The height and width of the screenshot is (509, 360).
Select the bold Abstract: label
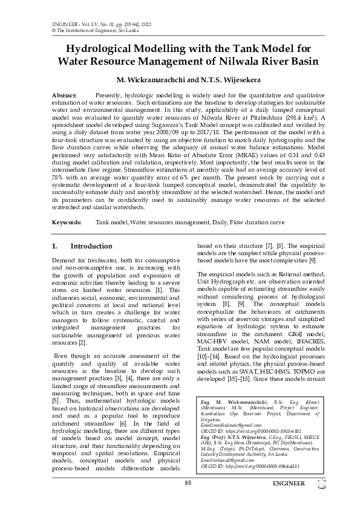(x=64, y=96)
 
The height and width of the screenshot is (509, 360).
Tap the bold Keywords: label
(x=67, y=222)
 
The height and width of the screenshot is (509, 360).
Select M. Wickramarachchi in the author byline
(x=150, y=80)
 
